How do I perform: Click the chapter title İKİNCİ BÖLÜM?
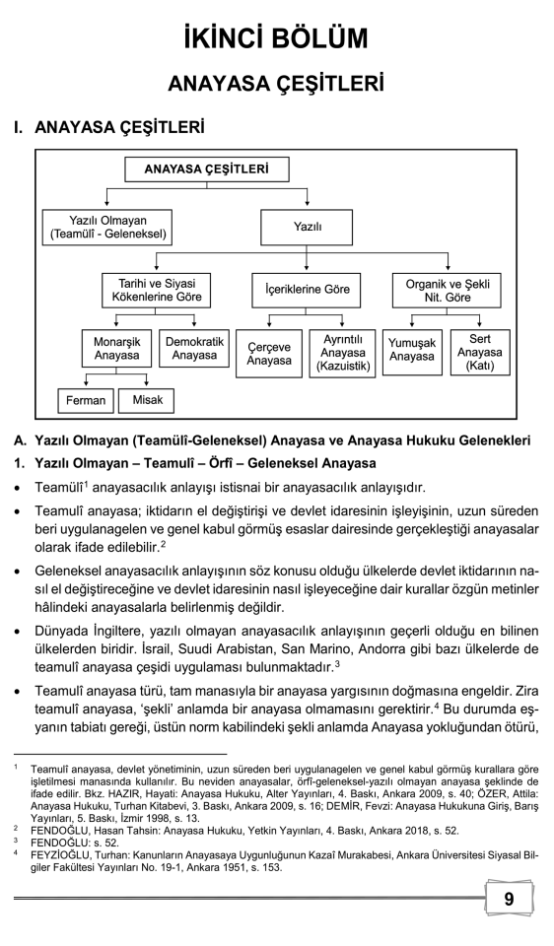(x=276, y=37)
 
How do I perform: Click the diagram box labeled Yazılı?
(x=307, y=228)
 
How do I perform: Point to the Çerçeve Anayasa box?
(x=270, y=354)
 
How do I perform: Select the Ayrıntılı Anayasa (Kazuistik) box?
(x=342, y=354)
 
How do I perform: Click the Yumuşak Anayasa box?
(x=411, y=349)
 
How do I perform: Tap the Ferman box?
(x=86, y=401)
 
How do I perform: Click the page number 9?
(x=508, y=898)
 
